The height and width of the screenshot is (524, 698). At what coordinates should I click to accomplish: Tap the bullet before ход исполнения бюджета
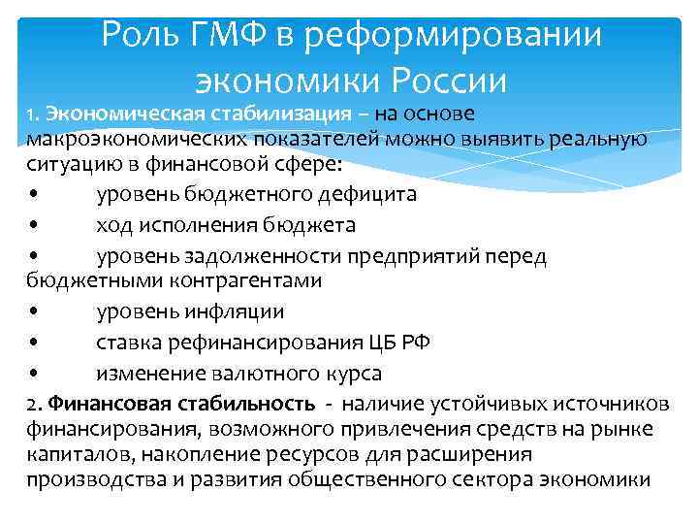(x=35, y=225)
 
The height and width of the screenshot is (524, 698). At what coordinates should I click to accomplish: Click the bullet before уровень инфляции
(x=35, y=312)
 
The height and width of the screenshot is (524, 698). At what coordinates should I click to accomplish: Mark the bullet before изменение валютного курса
(x=35, y=374)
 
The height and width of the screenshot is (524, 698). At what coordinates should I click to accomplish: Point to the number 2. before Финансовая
(x=34, y=404)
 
